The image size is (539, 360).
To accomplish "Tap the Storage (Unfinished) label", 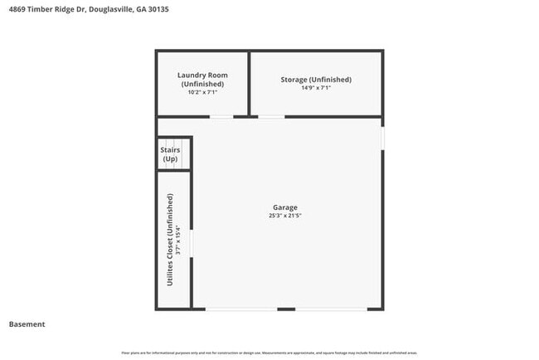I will [x=315, y=80].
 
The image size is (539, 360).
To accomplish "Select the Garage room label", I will [x=284, y=207].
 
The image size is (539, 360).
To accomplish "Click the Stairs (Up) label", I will [x=170, y=154].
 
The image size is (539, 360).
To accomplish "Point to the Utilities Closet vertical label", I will [x=170, y=240].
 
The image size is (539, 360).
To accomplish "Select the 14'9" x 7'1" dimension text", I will [x=316, y=88].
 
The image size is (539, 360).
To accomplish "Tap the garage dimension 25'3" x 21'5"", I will [x=284, y=216].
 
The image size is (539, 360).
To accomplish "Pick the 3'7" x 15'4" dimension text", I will [x=177, y=240].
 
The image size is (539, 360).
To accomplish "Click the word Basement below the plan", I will [x=27, y=324].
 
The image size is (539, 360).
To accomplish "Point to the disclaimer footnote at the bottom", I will [x=269, y=353].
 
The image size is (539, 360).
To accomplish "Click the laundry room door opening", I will [x=221, y=116].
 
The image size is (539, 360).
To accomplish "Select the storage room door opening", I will [x=271, y=116].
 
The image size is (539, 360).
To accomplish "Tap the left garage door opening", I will [x=241, y=309].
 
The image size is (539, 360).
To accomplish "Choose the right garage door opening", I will [x=330, y=309].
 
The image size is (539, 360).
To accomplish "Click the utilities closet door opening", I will [x=192, y=243].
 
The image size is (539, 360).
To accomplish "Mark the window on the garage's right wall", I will [x=382, y=137].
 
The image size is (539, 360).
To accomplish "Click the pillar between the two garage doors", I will [x=286, y=309].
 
